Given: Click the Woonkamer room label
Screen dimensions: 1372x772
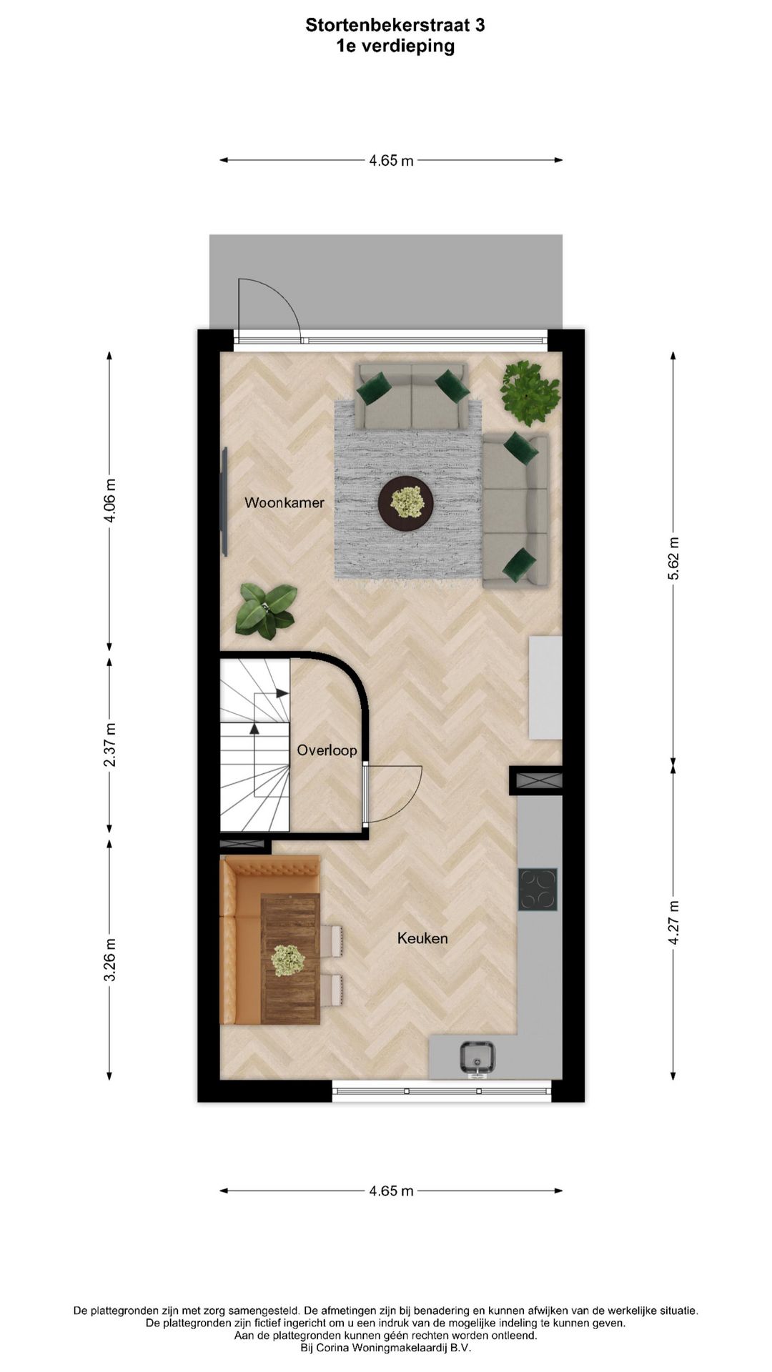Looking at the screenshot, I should (284, 502).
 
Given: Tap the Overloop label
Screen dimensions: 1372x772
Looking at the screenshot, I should (327, 750).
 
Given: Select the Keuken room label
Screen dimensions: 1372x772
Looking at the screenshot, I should (422, 938).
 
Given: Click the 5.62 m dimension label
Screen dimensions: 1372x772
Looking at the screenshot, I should (673, 559).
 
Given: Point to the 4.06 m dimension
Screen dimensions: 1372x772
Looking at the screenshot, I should (110, 501).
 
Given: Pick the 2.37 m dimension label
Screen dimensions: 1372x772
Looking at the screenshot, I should (110, 745).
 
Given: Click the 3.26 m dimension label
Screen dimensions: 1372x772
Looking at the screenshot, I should (110, 960).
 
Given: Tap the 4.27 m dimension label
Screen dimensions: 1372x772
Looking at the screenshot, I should (673, 923).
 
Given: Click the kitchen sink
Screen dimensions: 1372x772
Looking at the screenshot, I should (477, 1058).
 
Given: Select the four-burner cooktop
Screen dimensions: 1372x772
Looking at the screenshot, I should (538, 889).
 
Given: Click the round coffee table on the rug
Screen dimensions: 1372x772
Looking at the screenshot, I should (405, 503).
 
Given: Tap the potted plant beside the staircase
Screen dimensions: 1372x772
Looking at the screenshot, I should (266, 610).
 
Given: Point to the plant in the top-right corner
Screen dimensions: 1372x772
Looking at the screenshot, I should (530, 392).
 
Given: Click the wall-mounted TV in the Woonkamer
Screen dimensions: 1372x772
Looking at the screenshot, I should (224, 502).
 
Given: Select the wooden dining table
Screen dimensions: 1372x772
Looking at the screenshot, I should (289, 958).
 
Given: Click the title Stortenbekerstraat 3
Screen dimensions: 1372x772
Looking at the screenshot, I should (395, 25).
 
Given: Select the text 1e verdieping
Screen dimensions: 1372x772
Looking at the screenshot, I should (395, 46).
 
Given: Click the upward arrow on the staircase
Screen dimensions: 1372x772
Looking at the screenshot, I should (254, 727).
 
